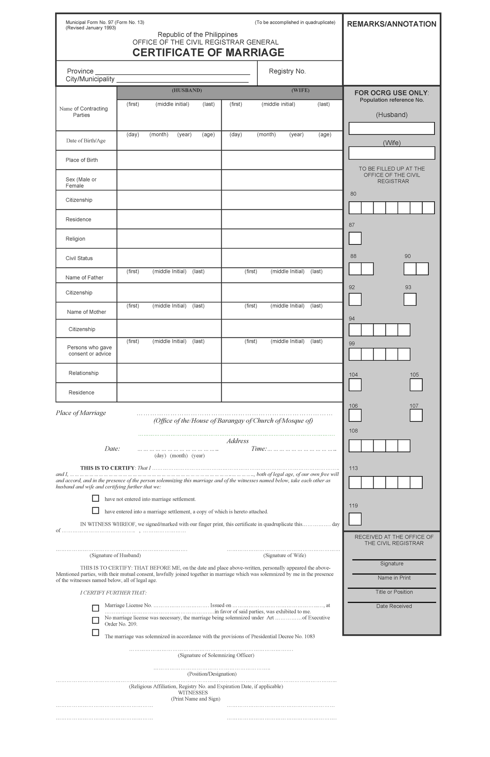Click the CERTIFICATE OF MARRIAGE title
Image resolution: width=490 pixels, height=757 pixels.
pos(208,53)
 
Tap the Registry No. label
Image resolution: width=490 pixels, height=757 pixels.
pos(287,71)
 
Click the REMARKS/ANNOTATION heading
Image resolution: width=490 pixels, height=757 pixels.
pos(392,24)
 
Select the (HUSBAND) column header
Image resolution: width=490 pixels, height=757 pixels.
pos(187,91)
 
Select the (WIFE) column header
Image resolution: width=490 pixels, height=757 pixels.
pos(300,91)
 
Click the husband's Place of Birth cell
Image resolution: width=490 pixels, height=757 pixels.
pos(169,160)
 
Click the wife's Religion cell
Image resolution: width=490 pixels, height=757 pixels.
pos(282,239)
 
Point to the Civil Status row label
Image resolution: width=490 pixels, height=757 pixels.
pos(79,258)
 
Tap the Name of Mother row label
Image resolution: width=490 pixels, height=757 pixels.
pos(86,312)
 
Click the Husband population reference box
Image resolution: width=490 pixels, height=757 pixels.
pos(392,129)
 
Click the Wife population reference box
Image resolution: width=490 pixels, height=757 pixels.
pos(392,153)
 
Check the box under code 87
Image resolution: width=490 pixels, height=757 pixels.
pos(355,238)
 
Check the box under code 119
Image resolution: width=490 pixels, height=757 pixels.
pos(355,519)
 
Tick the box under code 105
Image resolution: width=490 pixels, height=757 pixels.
pos(416,385)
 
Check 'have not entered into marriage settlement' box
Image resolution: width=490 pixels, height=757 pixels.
pos(96,498)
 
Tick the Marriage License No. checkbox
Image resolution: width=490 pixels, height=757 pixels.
pos(96,608)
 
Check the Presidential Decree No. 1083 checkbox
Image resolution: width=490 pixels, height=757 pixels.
pos(96,633)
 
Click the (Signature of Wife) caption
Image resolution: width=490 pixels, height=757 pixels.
pos(285,555)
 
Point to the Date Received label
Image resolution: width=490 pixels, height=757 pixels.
pos(394,606)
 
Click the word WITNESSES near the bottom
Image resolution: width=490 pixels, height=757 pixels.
pos(193,693)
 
